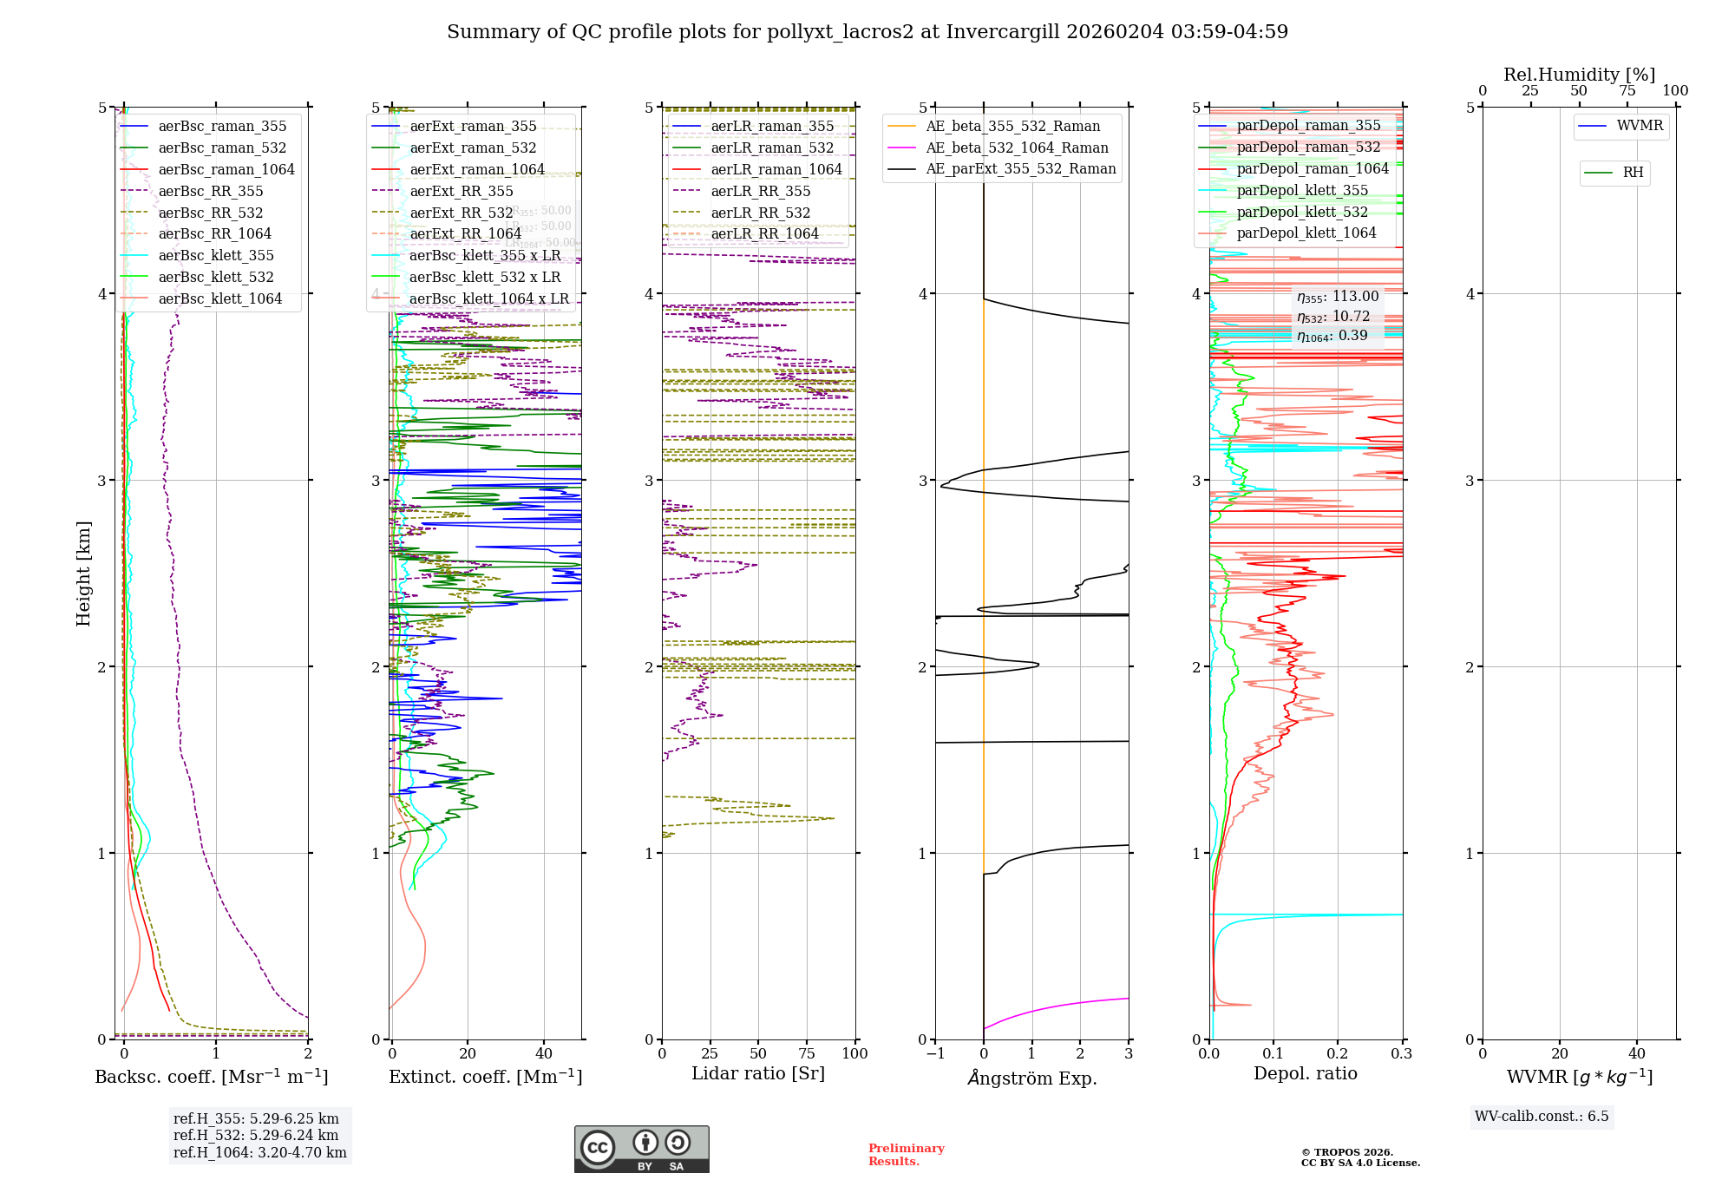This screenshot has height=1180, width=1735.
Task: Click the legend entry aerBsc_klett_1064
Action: [219, 298]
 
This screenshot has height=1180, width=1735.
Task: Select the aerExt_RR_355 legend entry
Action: [461, 191]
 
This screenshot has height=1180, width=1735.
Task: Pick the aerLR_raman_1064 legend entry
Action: [776, 169]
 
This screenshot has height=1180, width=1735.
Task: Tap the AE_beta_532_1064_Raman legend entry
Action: [1017, 147]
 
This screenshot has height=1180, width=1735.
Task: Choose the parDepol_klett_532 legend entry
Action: [1301, 212]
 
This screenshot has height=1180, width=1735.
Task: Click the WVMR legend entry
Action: [1640, 126]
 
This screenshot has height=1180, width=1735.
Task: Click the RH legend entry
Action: [1633, 173]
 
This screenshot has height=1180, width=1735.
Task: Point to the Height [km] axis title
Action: [83, 573]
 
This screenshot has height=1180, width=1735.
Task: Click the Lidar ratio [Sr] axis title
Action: [757, 1073]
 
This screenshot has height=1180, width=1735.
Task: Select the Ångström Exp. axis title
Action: [1031, 1078]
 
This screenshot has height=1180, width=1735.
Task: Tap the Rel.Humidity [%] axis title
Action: [1579, 75]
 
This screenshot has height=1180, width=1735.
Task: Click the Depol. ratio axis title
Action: [1305, 1073]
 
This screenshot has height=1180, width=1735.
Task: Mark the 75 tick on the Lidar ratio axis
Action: [807, 1053]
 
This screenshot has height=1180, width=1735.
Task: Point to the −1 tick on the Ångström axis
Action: [935, 1053]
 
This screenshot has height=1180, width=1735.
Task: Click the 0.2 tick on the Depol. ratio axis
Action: [1338, 1053]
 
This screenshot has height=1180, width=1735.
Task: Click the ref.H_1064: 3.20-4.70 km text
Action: [259, 1152]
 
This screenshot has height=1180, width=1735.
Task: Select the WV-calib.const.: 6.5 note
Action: [1541, 1116]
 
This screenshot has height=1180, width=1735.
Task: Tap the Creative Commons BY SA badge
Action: [641, 1149]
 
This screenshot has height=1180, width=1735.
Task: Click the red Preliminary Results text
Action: [906, 1154]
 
